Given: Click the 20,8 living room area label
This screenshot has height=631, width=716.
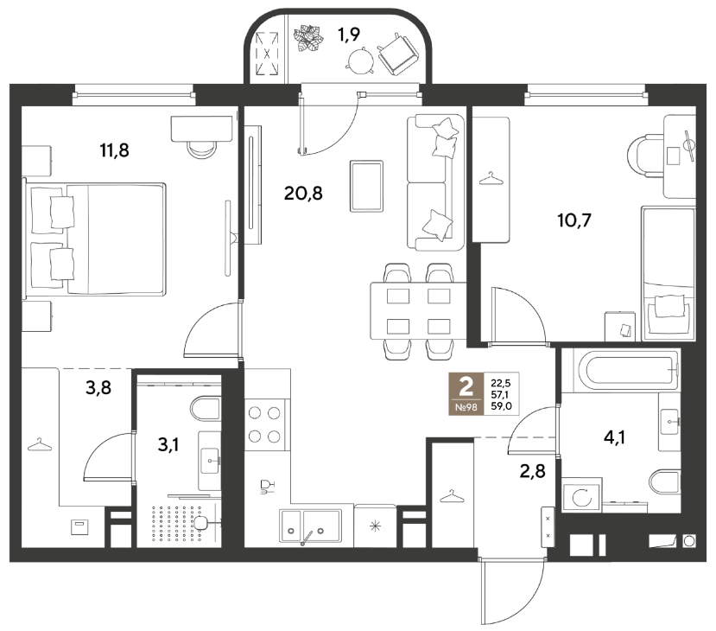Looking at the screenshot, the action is tap(303, 194).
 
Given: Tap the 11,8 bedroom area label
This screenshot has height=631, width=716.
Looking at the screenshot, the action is tap(115, 150).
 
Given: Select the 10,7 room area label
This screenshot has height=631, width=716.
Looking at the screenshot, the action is tap(574, 220).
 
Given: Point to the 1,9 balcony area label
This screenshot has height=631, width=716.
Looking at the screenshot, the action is tap(349, 35).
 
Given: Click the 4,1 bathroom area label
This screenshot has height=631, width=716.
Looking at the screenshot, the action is tap(614, 437).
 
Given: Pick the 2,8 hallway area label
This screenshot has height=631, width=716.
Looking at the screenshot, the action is tap(532, 470).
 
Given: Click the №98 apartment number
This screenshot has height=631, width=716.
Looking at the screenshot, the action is tap(466, 406).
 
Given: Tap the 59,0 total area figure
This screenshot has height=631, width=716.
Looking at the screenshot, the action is tap(501, 405).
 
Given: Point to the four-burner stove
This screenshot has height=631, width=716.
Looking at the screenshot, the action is tap(264, 424).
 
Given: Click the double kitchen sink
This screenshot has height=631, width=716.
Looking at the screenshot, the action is tap(311, 526).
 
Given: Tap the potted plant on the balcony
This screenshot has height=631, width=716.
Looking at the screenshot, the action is tap(308, 38).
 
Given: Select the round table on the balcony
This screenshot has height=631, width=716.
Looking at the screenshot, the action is tap(361, 61).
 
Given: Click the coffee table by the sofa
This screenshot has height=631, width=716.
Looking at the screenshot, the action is tap(366, 186).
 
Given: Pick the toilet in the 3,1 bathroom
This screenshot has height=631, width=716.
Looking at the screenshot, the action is tap(206, 409).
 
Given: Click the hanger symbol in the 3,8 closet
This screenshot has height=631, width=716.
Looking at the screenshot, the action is tap(40, 444).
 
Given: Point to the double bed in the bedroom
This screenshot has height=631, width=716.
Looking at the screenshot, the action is tap(96, 239).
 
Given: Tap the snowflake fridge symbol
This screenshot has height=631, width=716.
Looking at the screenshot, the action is tap(375, 526).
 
